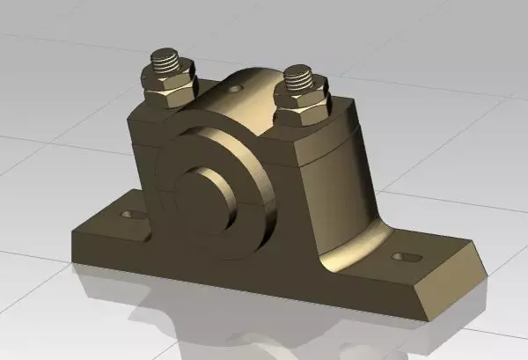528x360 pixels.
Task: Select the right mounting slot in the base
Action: [x=406, y=256]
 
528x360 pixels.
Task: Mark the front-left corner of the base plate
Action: [x=73, y=236]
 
